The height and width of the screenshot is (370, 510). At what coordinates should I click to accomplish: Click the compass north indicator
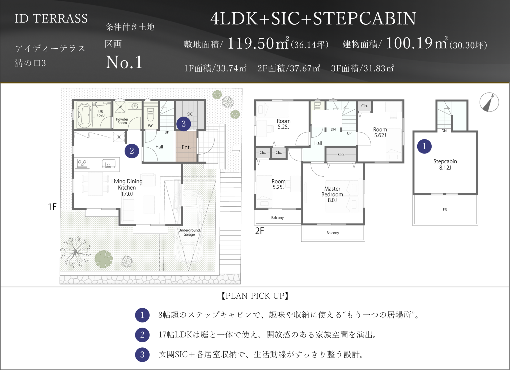pos(489,102)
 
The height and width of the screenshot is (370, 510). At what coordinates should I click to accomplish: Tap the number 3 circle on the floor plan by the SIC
pos(184,124)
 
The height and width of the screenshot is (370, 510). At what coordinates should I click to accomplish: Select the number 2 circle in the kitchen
pos(132,151)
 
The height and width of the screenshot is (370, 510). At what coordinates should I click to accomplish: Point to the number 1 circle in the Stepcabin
pos(424,146)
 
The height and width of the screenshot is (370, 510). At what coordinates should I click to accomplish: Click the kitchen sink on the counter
pos(109,164)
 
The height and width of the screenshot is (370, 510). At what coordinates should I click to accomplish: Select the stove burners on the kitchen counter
pos(82,163)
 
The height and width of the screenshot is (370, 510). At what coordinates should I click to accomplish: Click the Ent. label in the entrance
pos(186,147)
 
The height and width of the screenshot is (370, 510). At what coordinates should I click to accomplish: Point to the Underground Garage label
pos(189,232)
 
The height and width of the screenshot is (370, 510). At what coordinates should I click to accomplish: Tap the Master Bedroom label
pos(332,194)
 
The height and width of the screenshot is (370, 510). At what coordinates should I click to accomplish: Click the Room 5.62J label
pos(380,132)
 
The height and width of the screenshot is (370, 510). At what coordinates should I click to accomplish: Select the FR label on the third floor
pos(445,210)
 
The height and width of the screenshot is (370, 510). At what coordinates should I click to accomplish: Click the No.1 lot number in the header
pos(124,62)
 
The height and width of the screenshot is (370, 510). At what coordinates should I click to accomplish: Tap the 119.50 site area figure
pos(250,43)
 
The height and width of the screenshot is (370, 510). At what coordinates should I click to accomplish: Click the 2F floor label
pos(260,231)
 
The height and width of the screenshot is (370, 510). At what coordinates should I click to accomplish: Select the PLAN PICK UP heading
pos(255,296)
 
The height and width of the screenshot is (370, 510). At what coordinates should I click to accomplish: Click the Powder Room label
pos(122,121)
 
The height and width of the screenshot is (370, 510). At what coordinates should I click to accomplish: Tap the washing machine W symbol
pos(120,107)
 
